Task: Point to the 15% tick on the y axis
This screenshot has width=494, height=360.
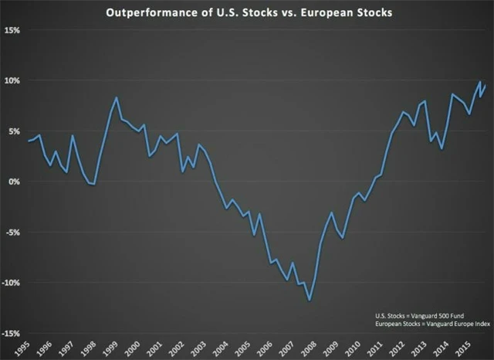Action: [13, 30]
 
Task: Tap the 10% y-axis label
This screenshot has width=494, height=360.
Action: [13, 80]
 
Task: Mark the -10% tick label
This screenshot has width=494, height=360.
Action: [12, 283]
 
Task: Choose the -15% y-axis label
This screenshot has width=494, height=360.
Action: [12, 333]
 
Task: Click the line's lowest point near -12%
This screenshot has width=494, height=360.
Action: [310, 301]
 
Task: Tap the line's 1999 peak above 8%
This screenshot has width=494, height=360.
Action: [116, 97]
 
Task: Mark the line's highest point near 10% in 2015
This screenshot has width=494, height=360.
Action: [480, 81]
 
